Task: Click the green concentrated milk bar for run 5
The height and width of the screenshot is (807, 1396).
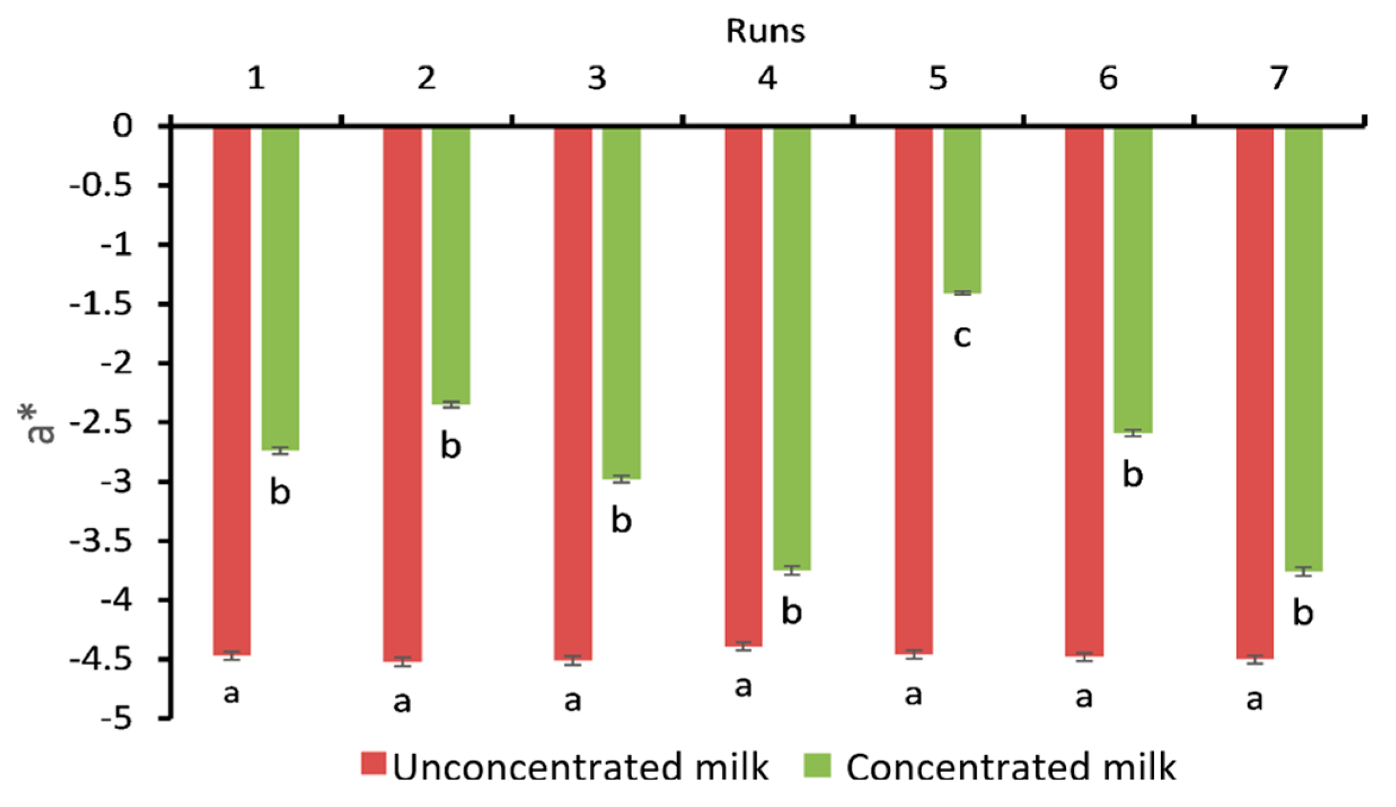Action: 961,209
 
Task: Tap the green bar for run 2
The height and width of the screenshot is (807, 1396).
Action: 451,265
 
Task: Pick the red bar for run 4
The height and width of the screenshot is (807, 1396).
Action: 743,386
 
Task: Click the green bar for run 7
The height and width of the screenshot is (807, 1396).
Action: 1303,348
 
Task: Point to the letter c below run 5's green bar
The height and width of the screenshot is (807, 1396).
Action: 962,336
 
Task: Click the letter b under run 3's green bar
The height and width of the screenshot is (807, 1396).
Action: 621,521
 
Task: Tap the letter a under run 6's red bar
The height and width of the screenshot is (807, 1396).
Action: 1084,696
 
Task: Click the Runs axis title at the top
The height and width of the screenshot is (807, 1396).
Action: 765,30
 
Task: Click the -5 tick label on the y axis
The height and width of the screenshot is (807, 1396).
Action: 116,719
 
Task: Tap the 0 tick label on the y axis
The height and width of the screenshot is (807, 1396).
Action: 123,126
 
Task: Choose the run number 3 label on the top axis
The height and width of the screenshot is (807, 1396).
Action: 597,78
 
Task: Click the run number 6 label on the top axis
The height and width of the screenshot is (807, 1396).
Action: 1108,78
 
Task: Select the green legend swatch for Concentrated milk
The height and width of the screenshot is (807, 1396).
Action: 817,765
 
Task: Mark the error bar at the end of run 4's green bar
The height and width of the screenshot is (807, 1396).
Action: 792,570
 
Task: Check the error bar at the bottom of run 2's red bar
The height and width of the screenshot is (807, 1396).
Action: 403,661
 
